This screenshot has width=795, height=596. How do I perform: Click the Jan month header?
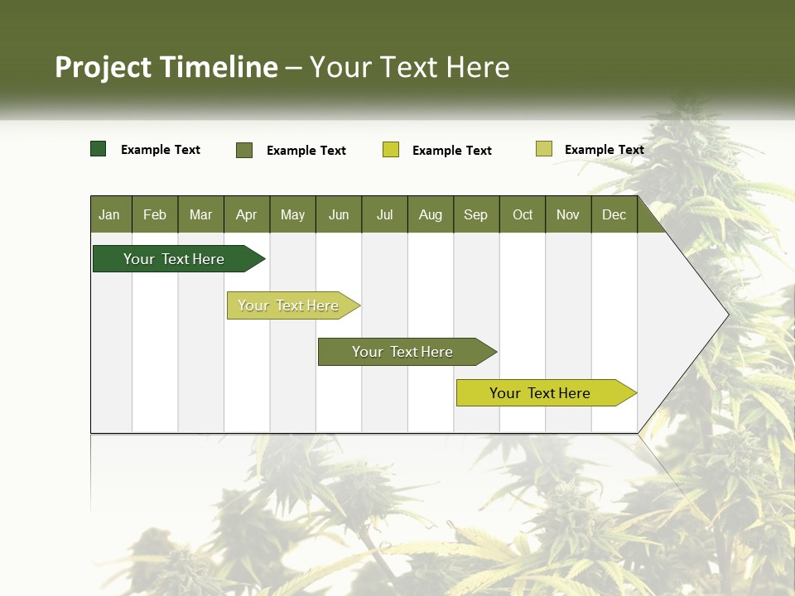pos(109,214)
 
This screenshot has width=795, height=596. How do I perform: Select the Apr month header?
pos(247,214)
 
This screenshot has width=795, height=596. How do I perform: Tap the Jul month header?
pos(384,214)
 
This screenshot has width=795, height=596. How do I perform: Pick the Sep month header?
pos(475,214)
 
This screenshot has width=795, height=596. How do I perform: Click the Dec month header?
pos(614,214)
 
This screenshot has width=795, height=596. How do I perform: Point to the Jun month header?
pos(339,214)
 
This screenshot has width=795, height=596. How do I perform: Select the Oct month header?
pos(523,214)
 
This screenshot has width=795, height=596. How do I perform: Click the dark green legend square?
pos(99,149)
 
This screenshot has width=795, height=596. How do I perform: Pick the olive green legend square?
pos(244,150)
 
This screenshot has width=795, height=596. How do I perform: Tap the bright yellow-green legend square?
pos(391,150)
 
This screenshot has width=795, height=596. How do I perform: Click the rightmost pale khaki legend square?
pos(544,149)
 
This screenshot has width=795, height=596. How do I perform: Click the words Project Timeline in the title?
pos(166,67)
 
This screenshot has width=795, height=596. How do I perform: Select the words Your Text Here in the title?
pos(410,67)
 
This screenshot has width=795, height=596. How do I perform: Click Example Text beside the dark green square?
pos(161,150)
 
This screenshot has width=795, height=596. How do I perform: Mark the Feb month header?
pos(155,214)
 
